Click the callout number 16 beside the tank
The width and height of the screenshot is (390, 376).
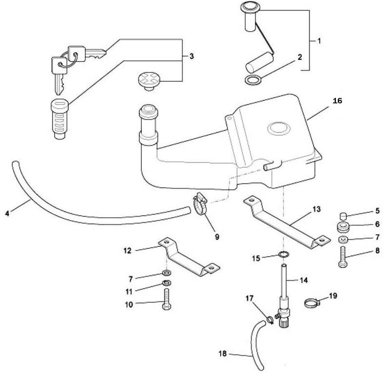(x=337, y=101)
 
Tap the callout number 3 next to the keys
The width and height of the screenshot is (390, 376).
(x=191, y=56)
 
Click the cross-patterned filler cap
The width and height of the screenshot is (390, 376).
(x=149, y=80)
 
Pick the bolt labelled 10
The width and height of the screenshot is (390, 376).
(x=166, y=300)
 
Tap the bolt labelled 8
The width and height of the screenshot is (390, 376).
(x=343, y=257)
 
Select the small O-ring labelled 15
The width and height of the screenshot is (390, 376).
(x=284, y=254)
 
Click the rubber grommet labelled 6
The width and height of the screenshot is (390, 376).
(x=343, y=227)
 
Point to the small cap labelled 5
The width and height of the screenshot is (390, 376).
(x=343, y=216)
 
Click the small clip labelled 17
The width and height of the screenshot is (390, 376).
(x=270, y=320)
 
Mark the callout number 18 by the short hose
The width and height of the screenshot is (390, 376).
(x=223, y=353)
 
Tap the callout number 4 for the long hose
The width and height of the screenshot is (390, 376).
(x=7, y=213)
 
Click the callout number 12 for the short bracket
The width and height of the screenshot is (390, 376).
(x=127, y=250)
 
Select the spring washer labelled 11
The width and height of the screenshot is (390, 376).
(x=166, y=283)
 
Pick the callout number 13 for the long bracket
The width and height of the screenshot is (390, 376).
(x=316, y=209)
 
